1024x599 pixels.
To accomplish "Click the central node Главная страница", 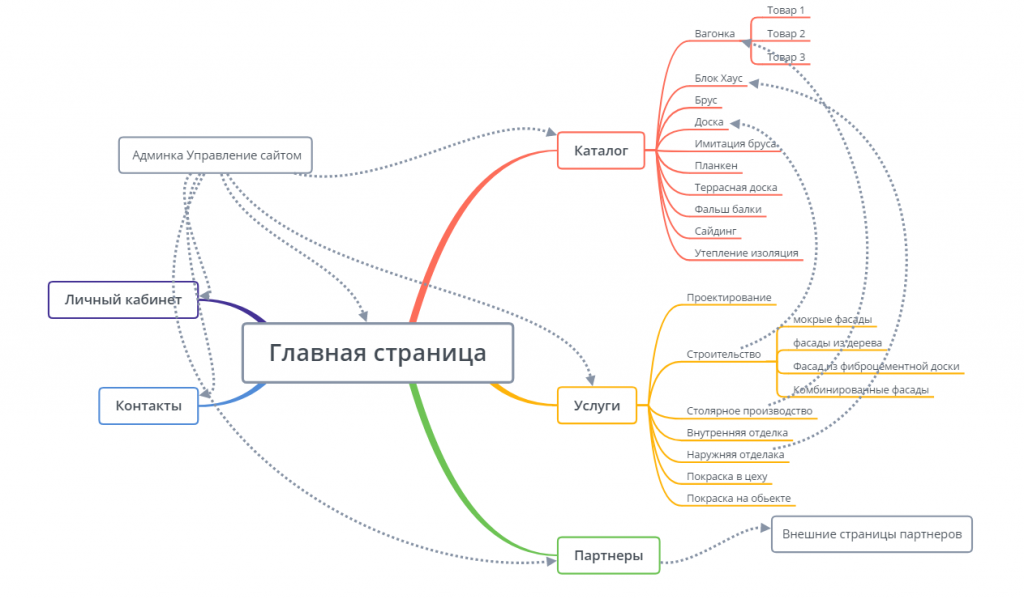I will pyautogui.click(x=377, y=353).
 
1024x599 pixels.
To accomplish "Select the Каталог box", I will pyautogui.click(x=600, y=151).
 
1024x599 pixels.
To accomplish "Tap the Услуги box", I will pyautogui.click(x=596, y=405).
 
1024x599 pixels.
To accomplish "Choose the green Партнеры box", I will pyautogui.click(x=608, y=555).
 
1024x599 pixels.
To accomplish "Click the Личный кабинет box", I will pyautogui.click(x=123, y=299).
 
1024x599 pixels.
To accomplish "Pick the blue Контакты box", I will pyautogui.click(x=148, y=405).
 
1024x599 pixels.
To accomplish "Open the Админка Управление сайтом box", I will pyautogui.click(x=215, y=155).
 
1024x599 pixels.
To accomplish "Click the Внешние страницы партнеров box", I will pyautogui.click(x=871, y=534).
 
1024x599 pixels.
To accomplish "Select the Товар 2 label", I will pyautogui.click(x=786, y=33).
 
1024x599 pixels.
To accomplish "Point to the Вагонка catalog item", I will pyautogui.click(x=714, y=33).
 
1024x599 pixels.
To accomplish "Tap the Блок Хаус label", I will pyautogui.click(x=718, y=78).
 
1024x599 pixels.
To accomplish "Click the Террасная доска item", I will pyautogui.click(x=735, y=187).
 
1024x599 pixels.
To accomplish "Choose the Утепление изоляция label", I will pyautogui.click(x=746, y=253).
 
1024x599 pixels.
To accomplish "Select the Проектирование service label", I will pyautogui.click(x=729, y=297).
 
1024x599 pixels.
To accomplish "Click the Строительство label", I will pyautogui.click(x=723, y=354).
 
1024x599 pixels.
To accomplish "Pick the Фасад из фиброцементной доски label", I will pyautogui.click(x=875, y=366).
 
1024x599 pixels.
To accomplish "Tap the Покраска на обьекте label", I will pyautogui.click(x=738, y=497).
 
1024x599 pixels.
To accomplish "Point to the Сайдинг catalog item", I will pyautogui.click(x=715, y=231).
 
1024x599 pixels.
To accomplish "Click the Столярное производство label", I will pyautogui.click(x=749, y=411).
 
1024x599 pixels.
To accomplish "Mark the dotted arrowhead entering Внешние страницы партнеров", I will pyautogui.click(x=763, y=534).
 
